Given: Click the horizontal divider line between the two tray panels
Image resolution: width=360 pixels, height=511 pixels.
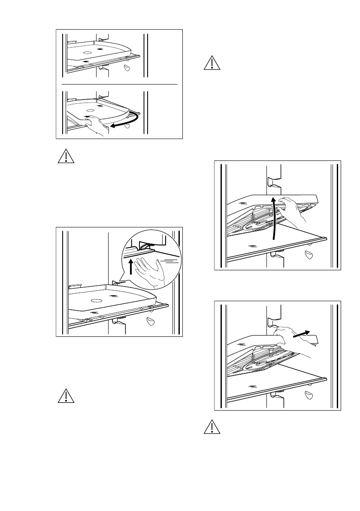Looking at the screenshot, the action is [x=119, y=85].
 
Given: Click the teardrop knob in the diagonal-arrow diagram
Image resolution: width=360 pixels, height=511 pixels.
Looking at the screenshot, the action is [x=309, y=395].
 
